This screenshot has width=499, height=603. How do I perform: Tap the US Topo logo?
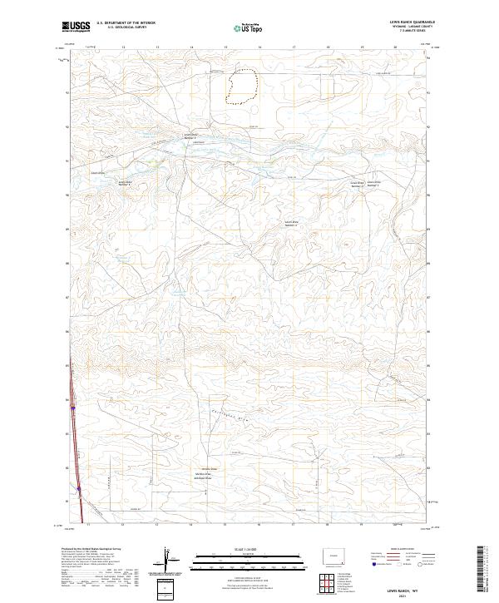point(243,27)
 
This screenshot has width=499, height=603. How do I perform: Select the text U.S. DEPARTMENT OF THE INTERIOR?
point(126,22)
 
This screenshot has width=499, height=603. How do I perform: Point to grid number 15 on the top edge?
point(226,48)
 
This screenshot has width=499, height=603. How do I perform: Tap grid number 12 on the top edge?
point(123,48)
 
